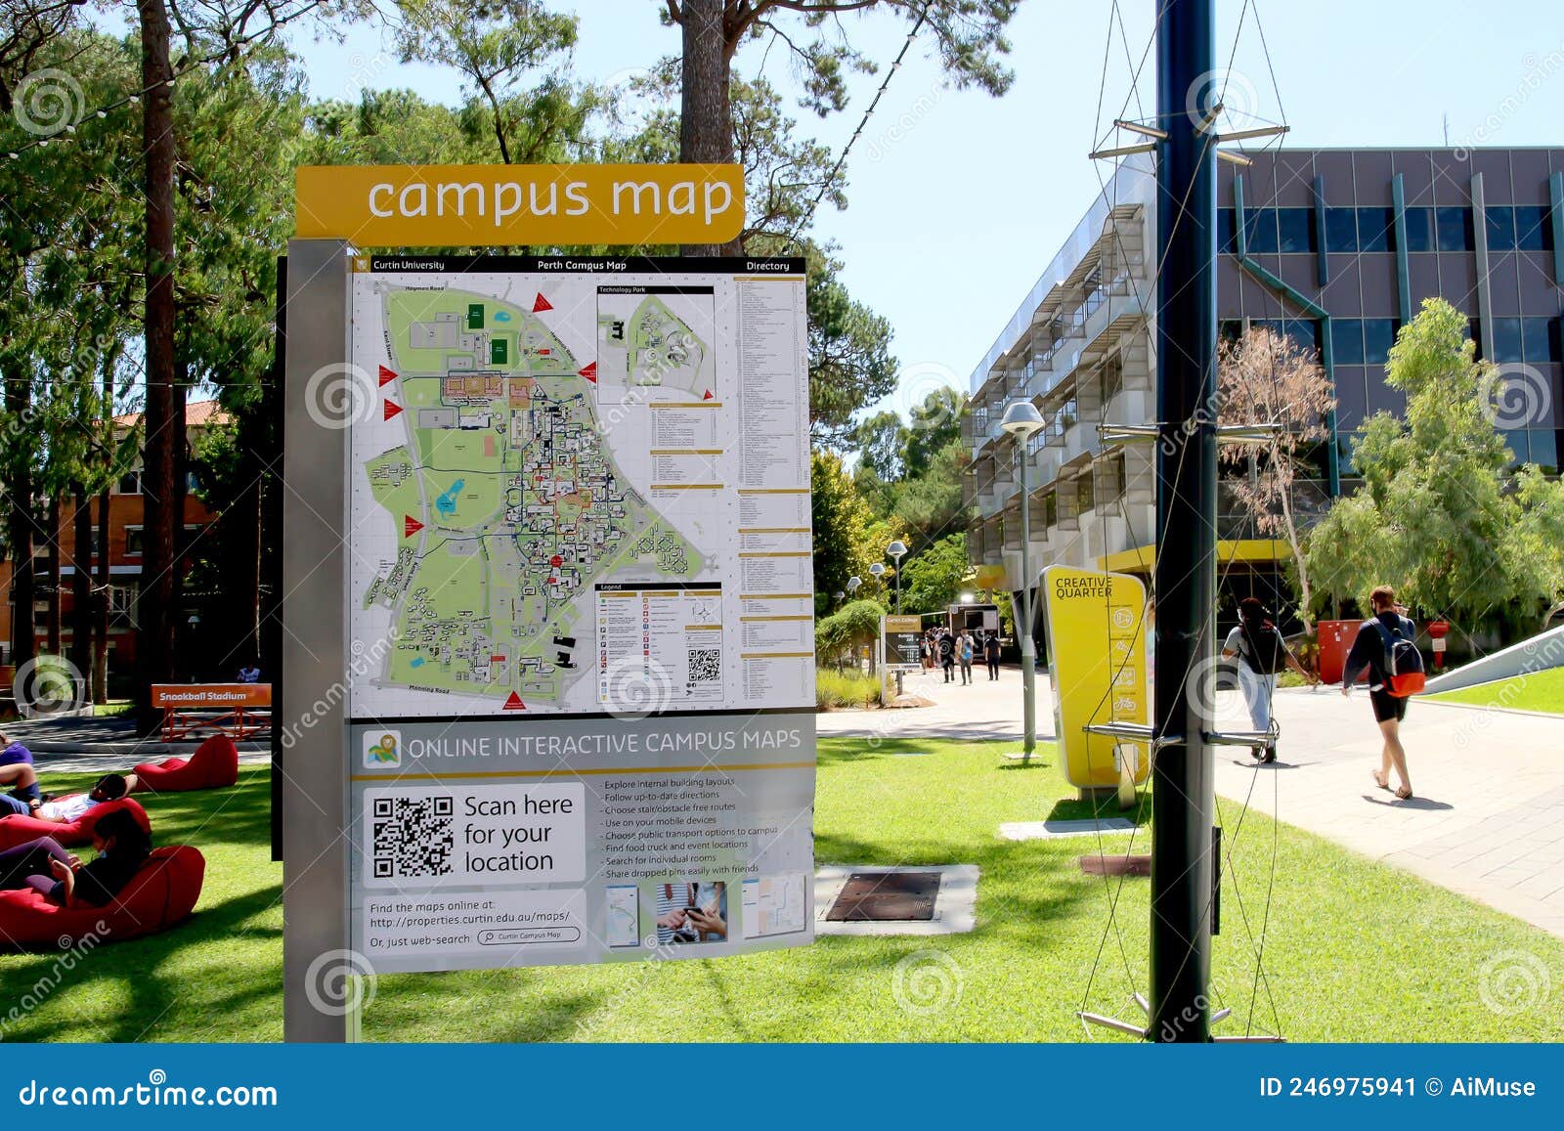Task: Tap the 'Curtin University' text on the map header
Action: click(x=409, y=265)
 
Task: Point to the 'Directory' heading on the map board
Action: click(x=767, y=266)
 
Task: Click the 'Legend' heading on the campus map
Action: click(x=611, y=587)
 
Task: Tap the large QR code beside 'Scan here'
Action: click(x=413, y=836)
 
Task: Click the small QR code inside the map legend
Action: click(x=704, y=664)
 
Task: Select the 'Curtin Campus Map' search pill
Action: click(x=529, y=935)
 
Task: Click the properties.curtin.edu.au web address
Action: click(x=470, y=919)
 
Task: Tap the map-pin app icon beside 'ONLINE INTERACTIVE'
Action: click(x=382, y=749)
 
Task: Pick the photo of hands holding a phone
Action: click(x=691, y=912)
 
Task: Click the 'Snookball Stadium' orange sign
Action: click(x=211, y=696)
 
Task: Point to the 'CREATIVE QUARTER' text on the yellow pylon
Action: click(x=1083, y=587)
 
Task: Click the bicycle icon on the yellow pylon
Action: click(x=1123, y=703)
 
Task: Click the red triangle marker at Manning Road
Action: click(x=513, y=700)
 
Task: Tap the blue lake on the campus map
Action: click(x=450, y=499)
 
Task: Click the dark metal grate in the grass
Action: click(x=883, y=896)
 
